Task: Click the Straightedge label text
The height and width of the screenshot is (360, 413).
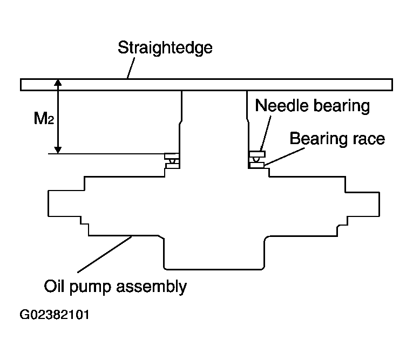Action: [x=165, y=48]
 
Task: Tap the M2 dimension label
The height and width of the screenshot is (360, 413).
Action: [x=44, y=118]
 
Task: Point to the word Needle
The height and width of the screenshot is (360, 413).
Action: [x=282, y=105]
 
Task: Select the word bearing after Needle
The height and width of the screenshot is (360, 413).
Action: [x=342, y=106]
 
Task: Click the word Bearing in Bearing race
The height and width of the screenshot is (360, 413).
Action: [x=319, y=139]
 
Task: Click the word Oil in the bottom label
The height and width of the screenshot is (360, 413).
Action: [x=54, y=286]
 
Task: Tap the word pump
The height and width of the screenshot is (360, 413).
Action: [x=90, y=288]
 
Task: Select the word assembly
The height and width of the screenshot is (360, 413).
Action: [x=152, y=287]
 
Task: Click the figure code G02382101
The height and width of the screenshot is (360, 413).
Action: [x=55, y=315]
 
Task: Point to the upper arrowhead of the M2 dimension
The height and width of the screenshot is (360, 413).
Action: [x=58, y=83]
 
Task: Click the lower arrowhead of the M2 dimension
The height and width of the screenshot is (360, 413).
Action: [x=58, y=150]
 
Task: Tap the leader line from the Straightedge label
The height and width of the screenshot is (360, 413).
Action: [x=131, y=68]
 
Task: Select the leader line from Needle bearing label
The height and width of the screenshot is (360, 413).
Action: [x=266, y=133]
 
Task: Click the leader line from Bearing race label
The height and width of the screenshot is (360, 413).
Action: [x=285, y=157]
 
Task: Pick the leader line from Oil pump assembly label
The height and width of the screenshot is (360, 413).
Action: [x=105, y=254]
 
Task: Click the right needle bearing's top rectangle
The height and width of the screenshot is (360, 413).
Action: [x=258, y=154]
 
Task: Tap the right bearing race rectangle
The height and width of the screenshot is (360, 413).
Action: [x=256, y=165]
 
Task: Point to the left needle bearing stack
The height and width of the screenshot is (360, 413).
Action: [x=172, y=161]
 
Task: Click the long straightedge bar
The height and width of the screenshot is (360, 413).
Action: [x=206, y=85]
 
